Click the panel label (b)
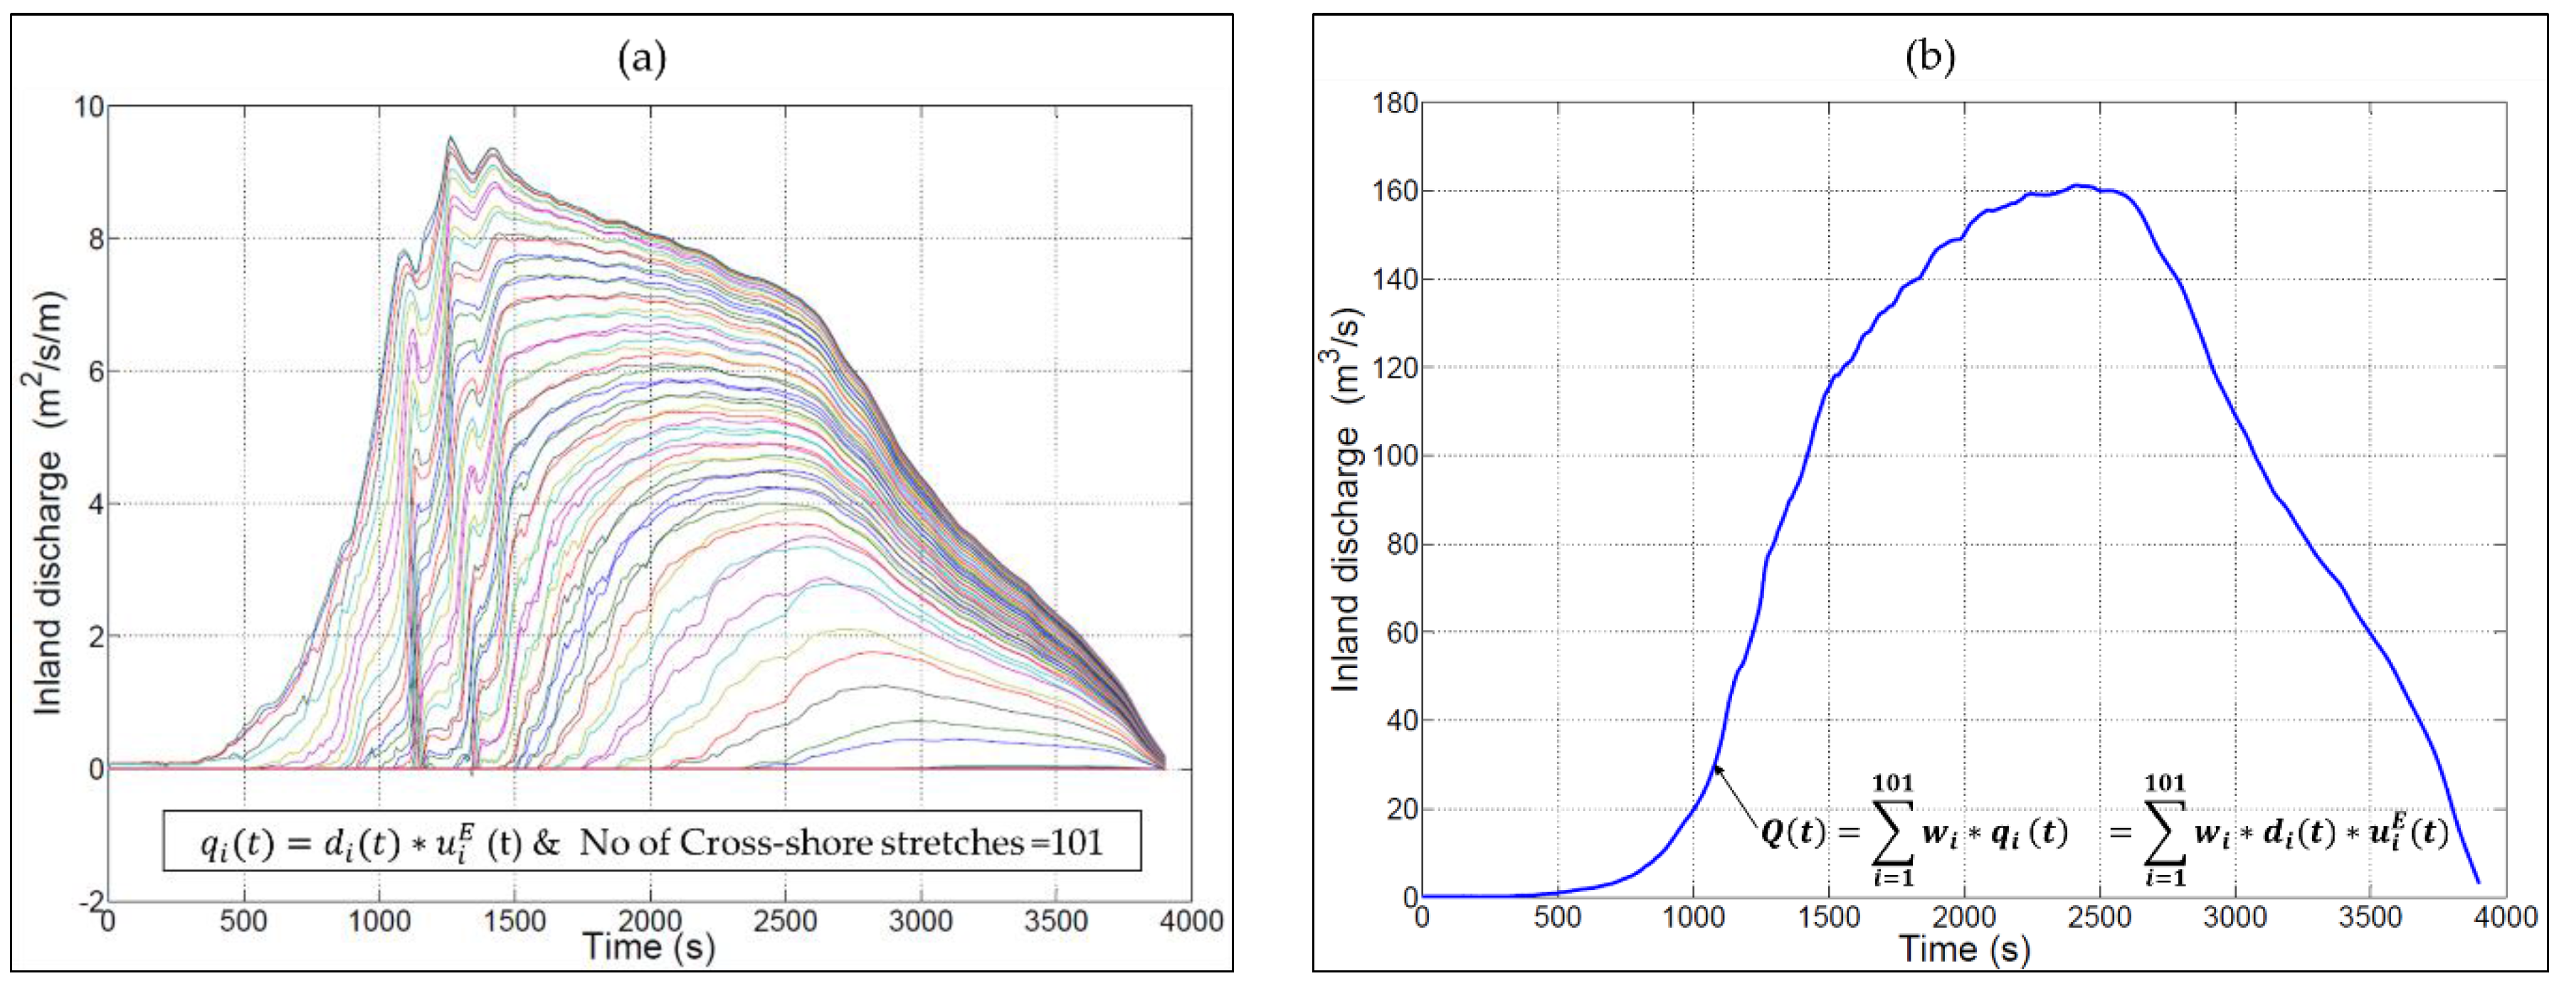(1929, 57)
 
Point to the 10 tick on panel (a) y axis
(88, 105)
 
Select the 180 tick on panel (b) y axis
(1395, 102)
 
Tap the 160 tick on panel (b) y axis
(1395, 191)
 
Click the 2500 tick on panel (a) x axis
(785, 921)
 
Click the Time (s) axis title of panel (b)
(1964, 949)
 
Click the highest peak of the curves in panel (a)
(450, 138)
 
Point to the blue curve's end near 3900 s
(2478, 881)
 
